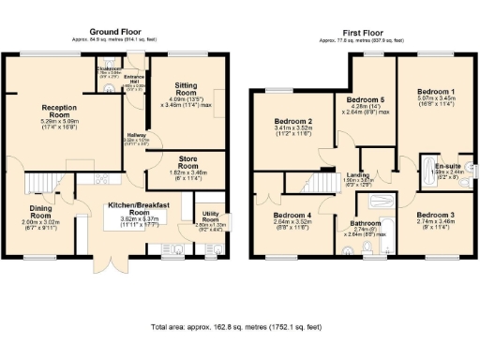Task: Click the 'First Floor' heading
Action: pos(364,31)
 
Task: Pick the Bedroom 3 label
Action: pos(435,216)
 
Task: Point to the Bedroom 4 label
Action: pos(292,216)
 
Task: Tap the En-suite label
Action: pos(446,164)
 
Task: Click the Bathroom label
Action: pos(365,223)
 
